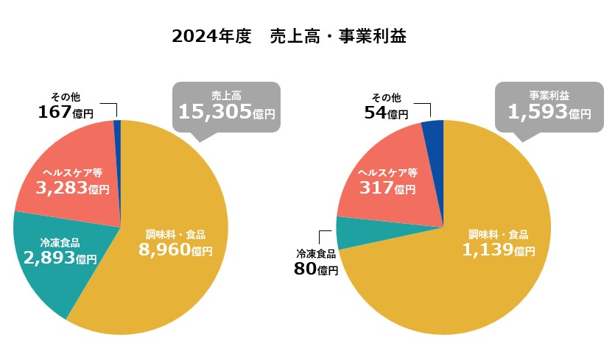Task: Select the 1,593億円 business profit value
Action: [x=549, y=112]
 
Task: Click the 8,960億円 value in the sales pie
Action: [x=175, y=250]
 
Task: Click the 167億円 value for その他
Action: [x=66, y=113]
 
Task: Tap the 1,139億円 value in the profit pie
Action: [x=499, y=250]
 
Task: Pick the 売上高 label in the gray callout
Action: [x=227, y=96]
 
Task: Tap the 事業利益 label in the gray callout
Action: [x=549, y=96]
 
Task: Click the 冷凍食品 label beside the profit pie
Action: [x=316, y=254]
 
